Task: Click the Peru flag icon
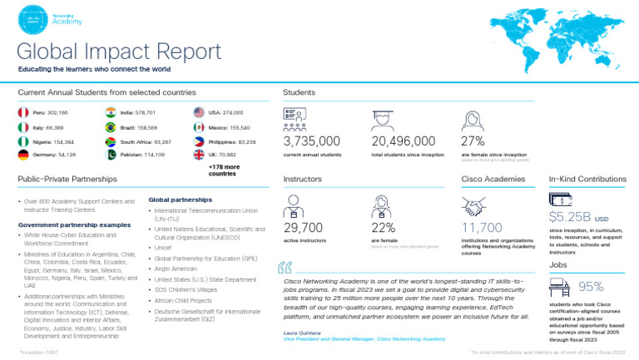(22, 111)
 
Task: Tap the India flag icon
(110, 111)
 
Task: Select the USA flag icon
(198, 111)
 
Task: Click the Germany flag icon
(22, 155)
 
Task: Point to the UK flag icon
(198, 155)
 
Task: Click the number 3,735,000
(312, 141)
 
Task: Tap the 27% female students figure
(473, 141)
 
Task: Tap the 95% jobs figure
(591, 287)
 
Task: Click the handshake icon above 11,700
(474, 205)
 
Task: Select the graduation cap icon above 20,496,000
(384, 118)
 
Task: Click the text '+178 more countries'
(222, 170)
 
